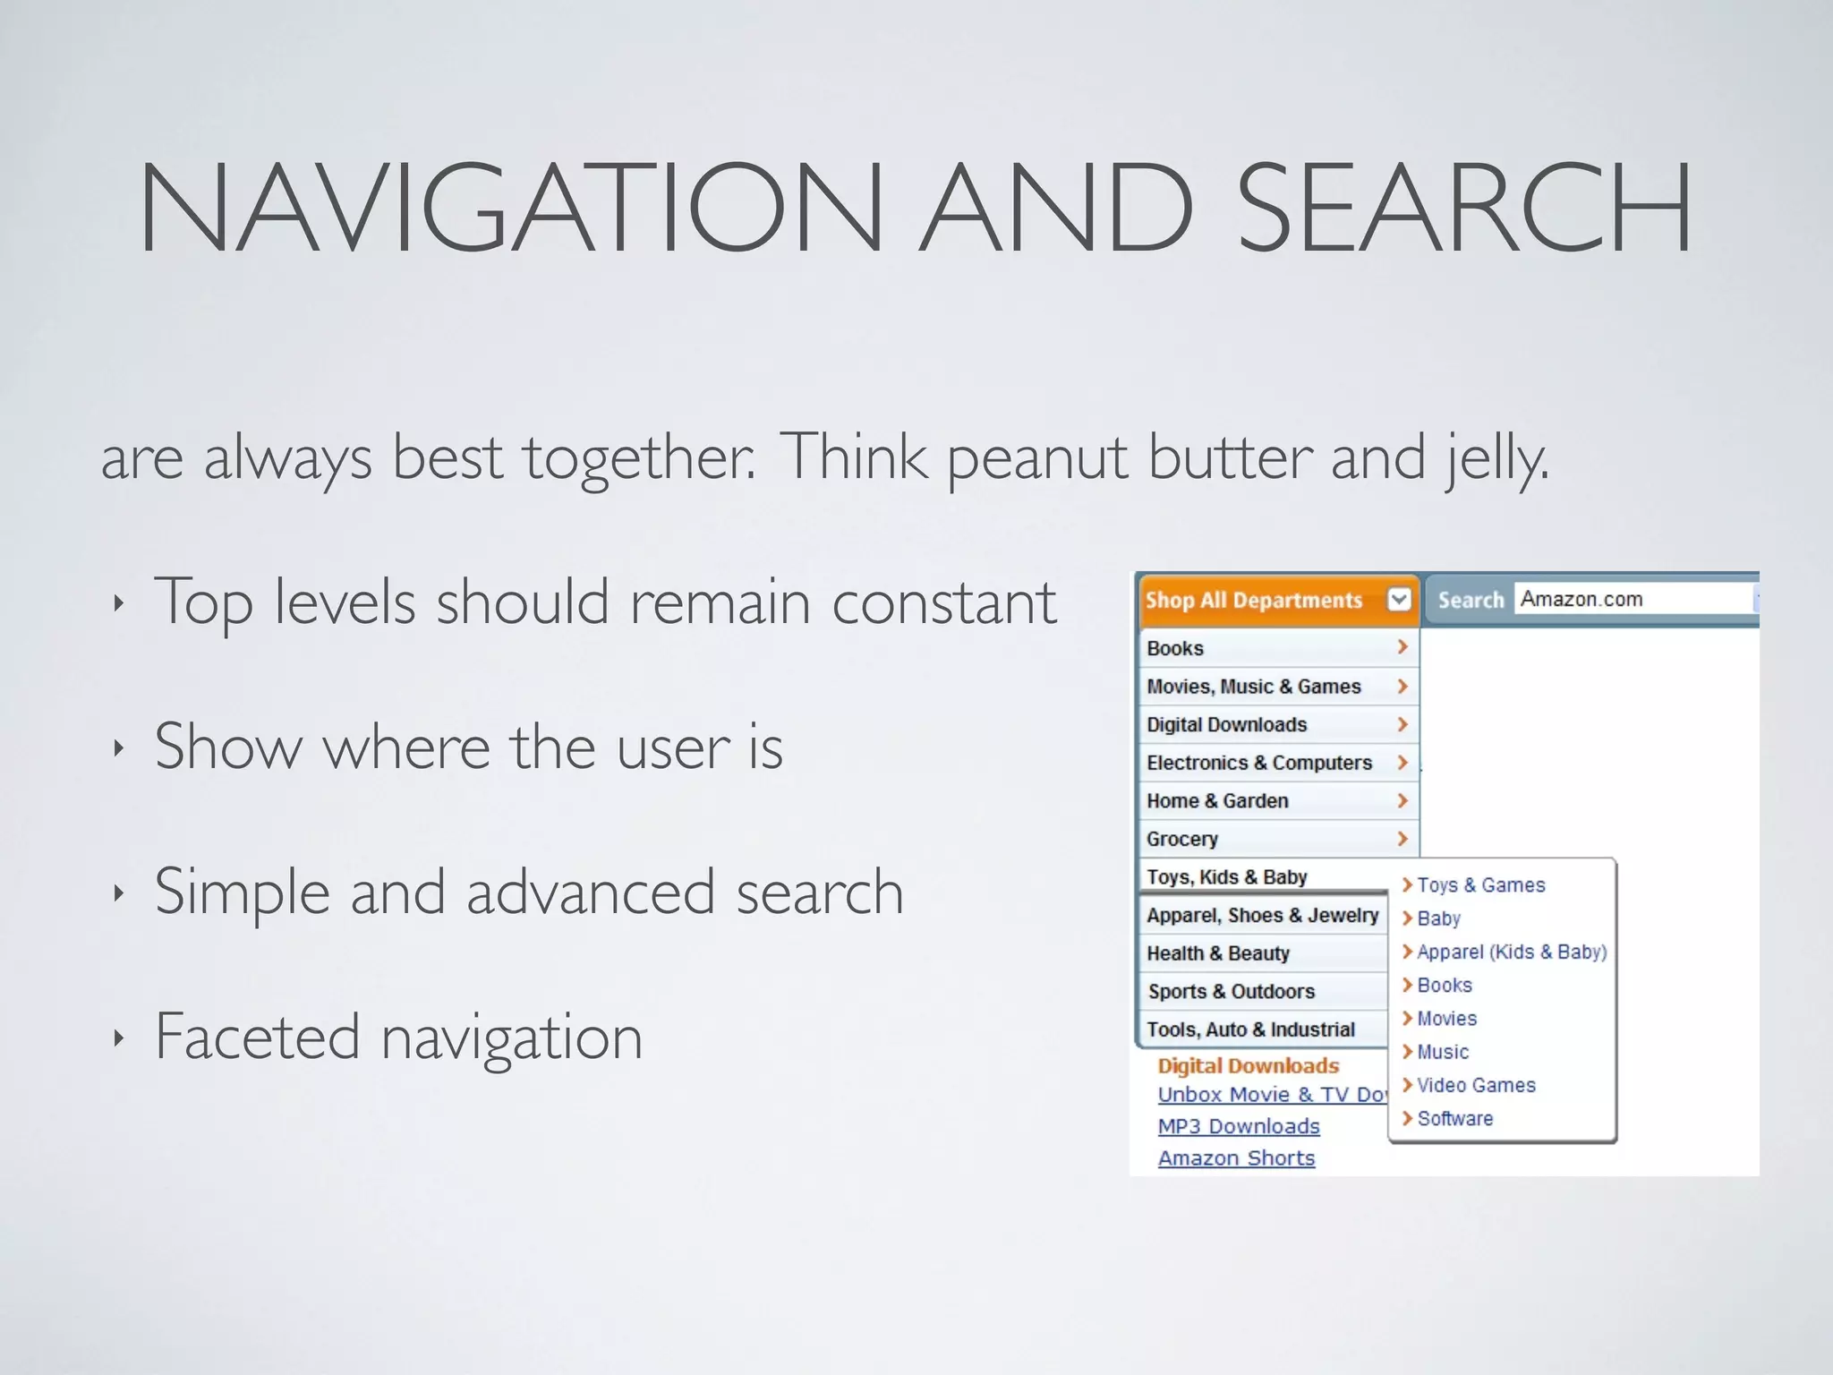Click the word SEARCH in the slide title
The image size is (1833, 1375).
(x=1464, y=208)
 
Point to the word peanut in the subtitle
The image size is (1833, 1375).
(x=1036, y=458)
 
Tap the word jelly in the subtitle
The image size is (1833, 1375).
(x=1496, y=458)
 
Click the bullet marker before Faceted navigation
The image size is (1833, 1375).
(x=118, y=1038)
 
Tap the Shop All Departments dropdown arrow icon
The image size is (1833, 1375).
(x=1399, y=599)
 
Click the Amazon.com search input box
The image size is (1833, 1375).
(x=1634, y=599)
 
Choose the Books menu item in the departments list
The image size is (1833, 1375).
(x=1175, y=648)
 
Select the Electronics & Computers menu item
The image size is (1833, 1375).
(x=1258, y=763)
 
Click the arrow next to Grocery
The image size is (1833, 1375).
(x=1402, y=839)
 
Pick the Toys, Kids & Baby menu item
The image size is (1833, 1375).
(x=1226, y=877)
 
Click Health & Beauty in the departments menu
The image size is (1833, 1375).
(x=1217, y=953)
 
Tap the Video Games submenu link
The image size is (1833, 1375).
(x=1475, y=1085)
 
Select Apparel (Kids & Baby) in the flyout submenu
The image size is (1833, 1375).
(x=1511, y=952)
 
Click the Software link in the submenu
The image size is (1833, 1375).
(x=1454, y=1119)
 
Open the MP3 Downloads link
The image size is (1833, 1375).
(x=1238, y=1126)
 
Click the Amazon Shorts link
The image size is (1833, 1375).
(x=1236, y=1158)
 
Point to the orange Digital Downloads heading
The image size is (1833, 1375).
(x=1248, y=1065)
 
